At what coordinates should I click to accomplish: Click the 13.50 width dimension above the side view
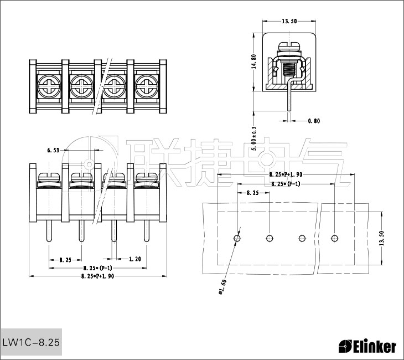[x=289, y=21]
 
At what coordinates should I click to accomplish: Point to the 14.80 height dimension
[x=254, y=61]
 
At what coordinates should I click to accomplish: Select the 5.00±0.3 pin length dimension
[x=254, y=138]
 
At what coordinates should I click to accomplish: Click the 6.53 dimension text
[x=54, y=150]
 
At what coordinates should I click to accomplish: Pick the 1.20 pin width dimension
[x=134, y=259]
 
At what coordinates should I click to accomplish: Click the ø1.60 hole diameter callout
[x=223, y=288]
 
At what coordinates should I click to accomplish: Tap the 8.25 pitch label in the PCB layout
[x=252, y=193]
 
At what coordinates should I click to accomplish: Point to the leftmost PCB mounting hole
[x=237, y=238]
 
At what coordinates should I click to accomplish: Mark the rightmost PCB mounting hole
[x=335, y=238]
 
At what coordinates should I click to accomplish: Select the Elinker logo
[x=367, y=347]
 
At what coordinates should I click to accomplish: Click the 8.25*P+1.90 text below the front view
[x=97, y=276]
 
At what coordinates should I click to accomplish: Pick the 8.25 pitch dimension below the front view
[x=65, y=259]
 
